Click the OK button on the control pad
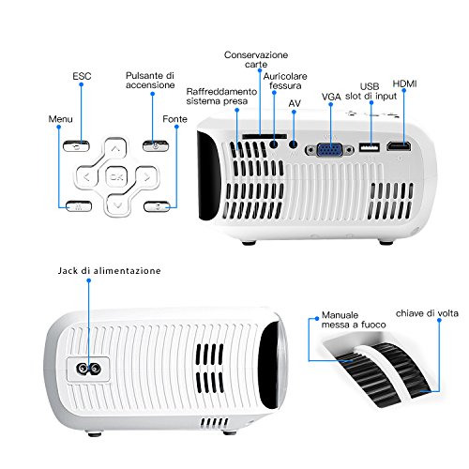(116, 177)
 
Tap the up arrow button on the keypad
(115, 149)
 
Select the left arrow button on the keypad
(87, 177)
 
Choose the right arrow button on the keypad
(146, 177)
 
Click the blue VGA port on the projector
(330, 150)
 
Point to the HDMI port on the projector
(399, 145)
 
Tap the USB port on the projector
(370, 147)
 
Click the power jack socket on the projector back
(89, 370)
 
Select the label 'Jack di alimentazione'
(109, 271)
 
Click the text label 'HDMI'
(404, 83)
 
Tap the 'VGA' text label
(331, 97)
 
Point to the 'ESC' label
(82, 76)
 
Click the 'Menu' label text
(60, 119)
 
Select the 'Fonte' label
(174, 119)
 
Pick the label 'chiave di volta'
(427, 313)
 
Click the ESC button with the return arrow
(76, 146)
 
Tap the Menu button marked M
(79, 206)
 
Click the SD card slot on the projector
(265, 136)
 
